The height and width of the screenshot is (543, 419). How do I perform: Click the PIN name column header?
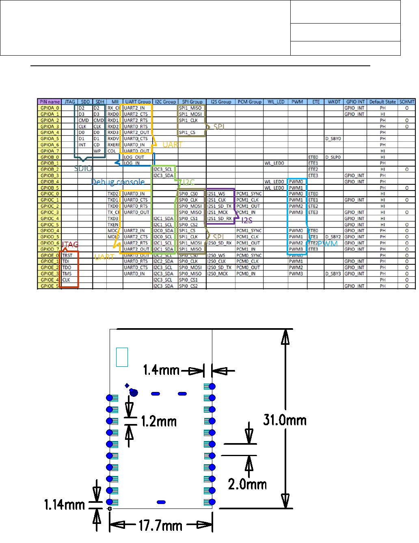pyautogui.click(x=50, y=102)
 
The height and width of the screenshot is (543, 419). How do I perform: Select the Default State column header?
pyautogui.click(x=382, y=102)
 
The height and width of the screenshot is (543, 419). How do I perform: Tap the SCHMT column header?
pyautogui.click(x=407, y=102)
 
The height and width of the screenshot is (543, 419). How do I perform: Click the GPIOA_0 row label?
pyautogui.click(x=50, y=108)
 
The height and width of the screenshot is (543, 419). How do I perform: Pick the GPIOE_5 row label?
pyautogui.click(x=50, y=286)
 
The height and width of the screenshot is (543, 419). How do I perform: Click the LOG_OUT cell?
pyautogui.click(x=134, y=157)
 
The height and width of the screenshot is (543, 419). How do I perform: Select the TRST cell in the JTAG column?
pyautogui.click(x=67, y=255)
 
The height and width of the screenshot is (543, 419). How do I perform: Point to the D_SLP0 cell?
pyautogui.click(x=333, y=157)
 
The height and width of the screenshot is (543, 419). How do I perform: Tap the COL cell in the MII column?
pyautogui.click(x=112, y=151)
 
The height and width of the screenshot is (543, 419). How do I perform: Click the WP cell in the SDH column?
pyautogui.click(x=97, y=151)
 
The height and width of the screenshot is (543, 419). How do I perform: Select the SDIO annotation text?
pyautogui.click(x=83, y=169)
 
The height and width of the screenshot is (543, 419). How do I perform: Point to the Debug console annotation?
pyautogui.click(x=118, y=182)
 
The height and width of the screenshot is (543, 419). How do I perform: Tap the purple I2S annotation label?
pyautogui.click(x=247, y=221)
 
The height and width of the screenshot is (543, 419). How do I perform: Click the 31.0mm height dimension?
pyautogui.click(x=285, y=420)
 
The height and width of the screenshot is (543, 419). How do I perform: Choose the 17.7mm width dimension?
pyautogui.click(x=160, y=526)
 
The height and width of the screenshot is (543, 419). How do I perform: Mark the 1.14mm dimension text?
pyautogui.click(x=65, y=505)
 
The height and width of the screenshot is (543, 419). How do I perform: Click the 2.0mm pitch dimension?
pyautogui.click(x=247, y=484)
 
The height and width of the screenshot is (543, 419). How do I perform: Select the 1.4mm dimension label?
pyautogui.click(x=161, y=370)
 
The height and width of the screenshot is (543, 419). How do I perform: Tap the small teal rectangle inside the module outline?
pyautogui.click(x=122, y=357)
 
